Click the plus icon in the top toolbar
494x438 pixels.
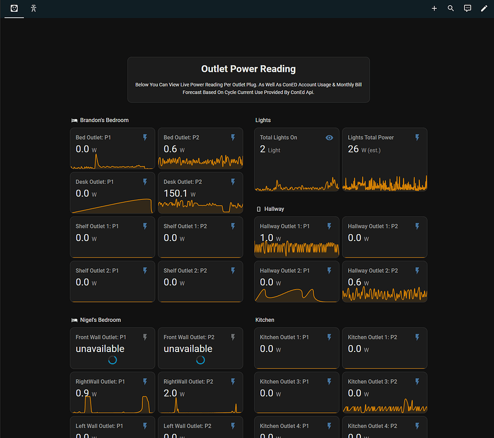[x=434, y=9]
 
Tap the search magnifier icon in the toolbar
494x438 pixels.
[x=451, y=9]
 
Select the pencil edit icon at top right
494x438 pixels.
[x=484, y=9]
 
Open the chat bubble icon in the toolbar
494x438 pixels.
[x=467, y=9]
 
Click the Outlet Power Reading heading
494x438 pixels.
[x=248, y=69]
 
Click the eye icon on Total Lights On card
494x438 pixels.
[x=330, y=138]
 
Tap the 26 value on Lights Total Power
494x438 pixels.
[x=353, y=149]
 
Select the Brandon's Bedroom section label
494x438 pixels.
[x=104, y=120]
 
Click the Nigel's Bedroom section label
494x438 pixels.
[x=100, y=320]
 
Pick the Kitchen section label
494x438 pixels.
[x=265, y=320]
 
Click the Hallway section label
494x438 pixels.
[x=274, y=209]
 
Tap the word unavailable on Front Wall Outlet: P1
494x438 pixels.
[x=100, y=349]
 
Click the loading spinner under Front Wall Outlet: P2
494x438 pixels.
[x=201, y=360]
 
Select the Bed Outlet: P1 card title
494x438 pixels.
[x=93, y=138]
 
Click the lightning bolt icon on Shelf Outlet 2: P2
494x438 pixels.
[x=233, y=271]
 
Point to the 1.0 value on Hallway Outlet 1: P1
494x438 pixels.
[x=267, y=238]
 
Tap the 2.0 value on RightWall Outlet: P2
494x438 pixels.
[x=170, y=393]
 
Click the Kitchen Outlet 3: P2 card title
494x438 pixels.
[x=373, y=382]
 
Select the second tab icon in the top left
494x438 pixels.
[x=34, y=9]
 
